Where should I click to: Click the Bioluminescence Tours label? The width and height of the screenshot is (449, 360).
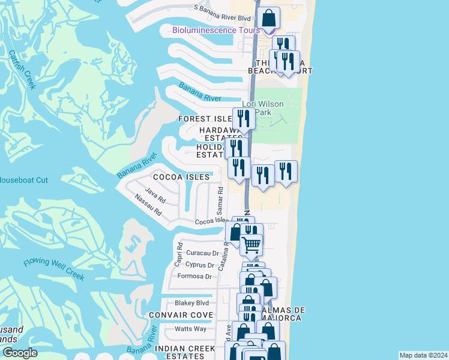pyautogui.click(x=215, y=31)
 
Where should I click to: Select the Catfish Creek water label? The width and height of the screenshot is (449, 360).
pyautogui.click(x=23, y=69)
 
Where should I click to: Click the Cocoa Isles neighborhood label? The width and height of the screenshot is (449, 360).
pyautogui.click(x=181, y=177)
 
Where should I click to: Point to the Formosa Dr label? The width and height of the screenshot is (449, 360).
pyautogui.click(x=196, y=277)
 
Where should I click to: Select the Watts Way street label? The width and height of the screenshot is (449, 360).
pyautogui.click(x=190, y=329)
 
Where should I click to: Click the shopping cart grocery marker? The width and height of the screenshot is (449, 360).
pyautogui.click(x=252, y=244)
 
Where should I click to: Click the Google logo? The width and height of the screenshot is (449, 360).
pyautogui.click(x=20, y=353)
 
